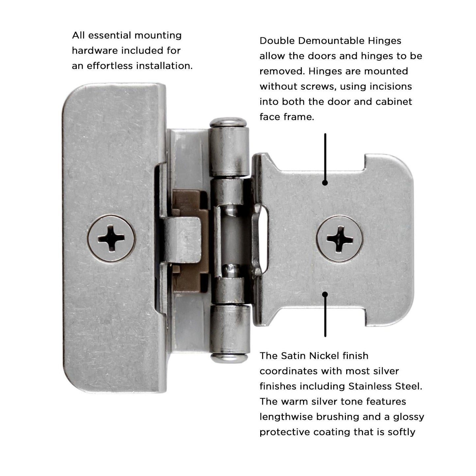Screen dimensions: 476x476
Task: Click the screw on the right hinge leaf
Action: click(340, 238)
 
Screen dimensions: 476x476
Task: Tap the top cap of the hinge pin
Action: click(229, 122)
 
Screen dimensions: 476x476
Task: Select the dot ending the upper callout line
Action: click(325, 182)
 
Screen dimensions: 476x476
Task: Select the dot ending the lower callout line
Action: click(325, 294)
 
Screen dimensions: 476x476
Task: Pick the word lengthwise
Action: click(286, 417)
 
